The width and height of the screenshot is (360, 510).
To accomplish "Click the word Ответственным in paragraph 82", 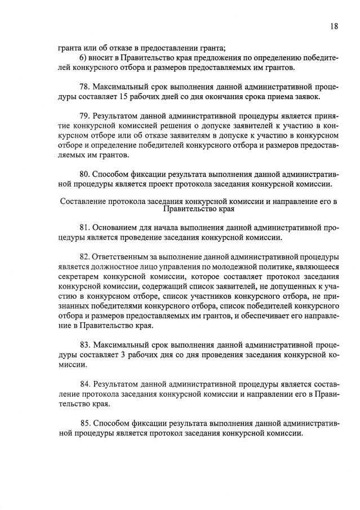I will pyautogui.click(x=125, y=256).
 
